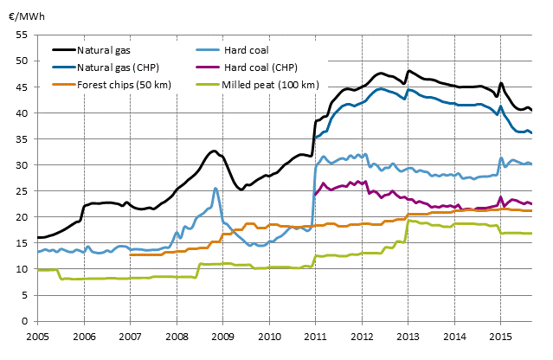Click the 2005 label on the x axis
coord(37,334)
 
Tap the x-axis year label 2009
coord(222,334)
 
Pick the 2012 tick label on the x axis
coord(362,334)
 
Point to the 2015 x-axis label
coord(500,334)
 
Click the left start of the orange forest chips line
coord(130,254)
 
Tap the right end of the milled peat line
coord(531,234)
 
